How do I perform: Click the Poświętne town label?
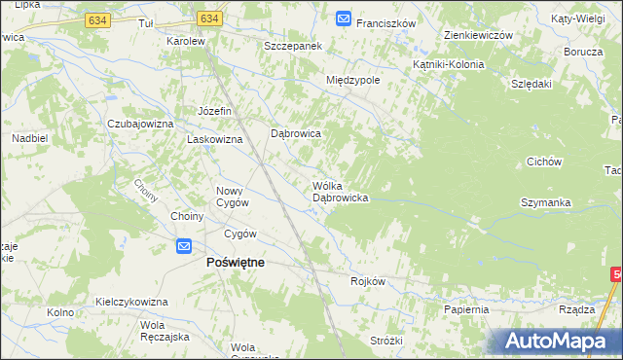pyautogui.click(x=234, y=262)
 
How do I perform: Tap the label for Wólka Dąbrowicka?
pyautogui.click(x=339, y=191)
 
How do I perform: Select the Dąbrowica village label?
pyautogui.click(x=295, y=133)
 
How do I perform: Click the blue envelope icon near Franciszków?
pyautogui.click(x=343, y=18)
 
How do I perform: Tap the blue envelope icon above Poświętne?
pyautogui.click(x=185, y=247)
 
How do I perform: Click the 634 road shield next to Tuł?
pyautogui.click(x=124, y=18)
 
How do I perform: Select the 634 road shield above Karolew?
pyautogui.click(x=208, y=18)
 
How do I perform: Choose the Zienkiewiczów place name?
pyautogui.click(x=477, y=35)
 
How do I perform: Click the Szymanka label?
pyautogui.click(x=546, y=202)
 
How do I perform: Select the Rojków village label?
pyautogui.click(x=368, y=281)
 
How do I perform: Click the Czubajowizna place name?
pyautogui.click(x=140, y=125)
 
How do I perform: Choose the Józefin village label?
pyautogui.click(x=215, y=111)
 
